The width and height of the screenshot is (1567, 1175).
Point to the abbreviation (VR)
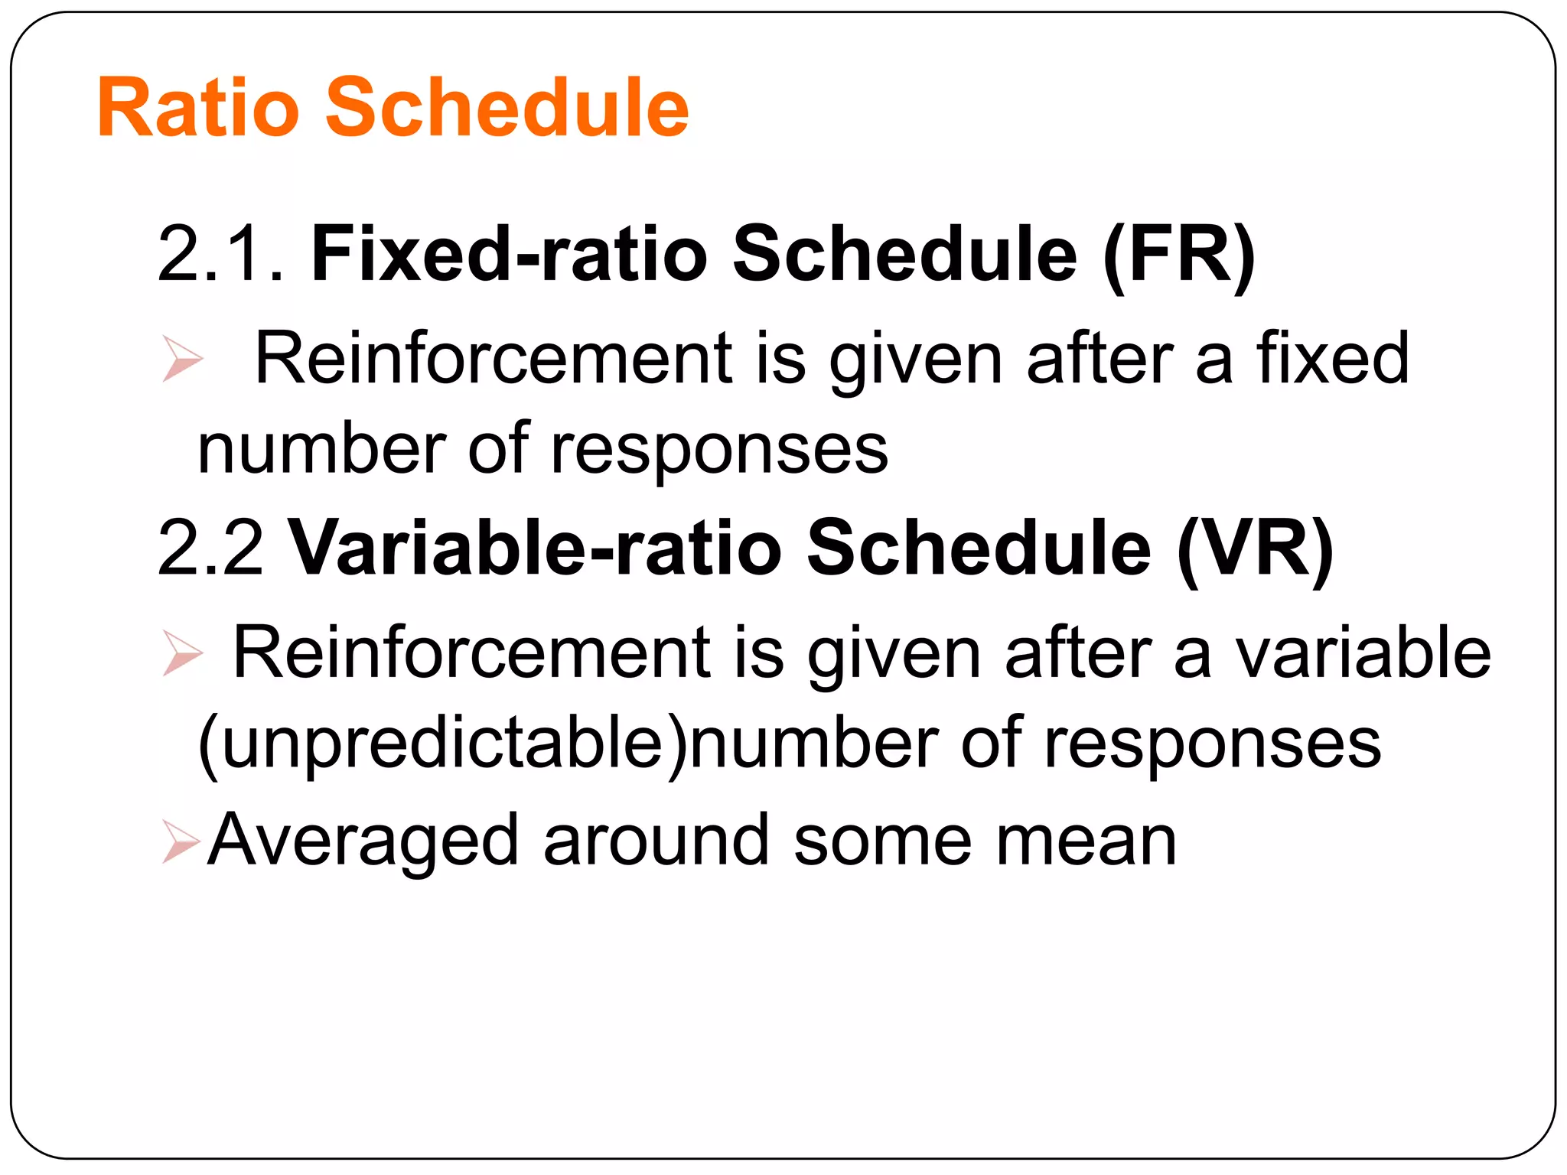click(x=1255, y=548)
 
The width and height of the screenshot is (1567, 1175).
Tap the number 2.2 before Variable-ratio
click(x=210, y=548)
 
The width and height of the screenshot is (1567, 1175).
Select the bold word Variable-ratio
click(x=535, y=548)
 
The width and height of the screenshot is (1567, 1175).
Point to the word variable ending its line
click(x=1363, y=653)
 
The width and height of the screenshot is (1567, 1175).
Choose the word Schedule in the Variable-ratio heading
click(x=979, y=548)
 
